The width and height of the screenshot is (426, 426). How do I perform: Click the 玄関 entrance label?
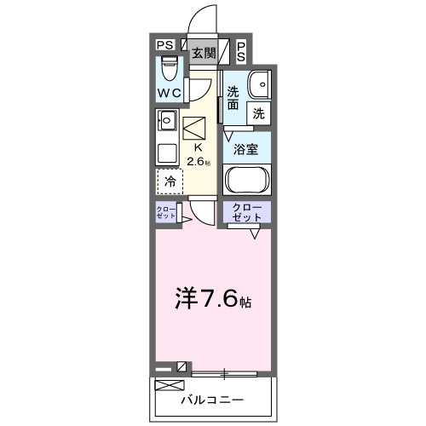coord(203,54)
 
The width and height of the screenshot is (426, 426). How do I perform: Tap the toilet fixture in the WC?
coord(169,65)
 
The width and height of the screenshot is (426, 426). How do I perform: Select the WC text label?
coord(169,93)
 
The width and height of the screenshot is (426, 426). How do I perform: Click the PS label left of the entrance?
coord(164,47)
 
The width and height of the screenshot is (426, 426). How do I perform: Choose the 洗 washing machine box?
coord(257,112)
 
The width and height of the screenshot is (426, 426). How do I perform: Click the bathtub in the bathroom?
coord(247,181)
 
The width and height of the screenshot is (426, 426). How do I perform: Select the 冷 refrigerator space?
coord(170,181)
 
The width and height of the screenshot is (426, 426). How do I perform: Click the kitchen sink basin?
coord(167,121)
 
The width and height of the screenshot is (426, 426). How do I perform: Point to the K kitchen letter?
coord(199,146)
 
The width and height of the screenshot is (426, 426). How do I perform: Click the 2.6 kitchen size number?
coord(195,158)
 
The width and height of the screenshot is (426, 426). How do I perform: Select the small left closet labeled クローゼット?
coord(165,212)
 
